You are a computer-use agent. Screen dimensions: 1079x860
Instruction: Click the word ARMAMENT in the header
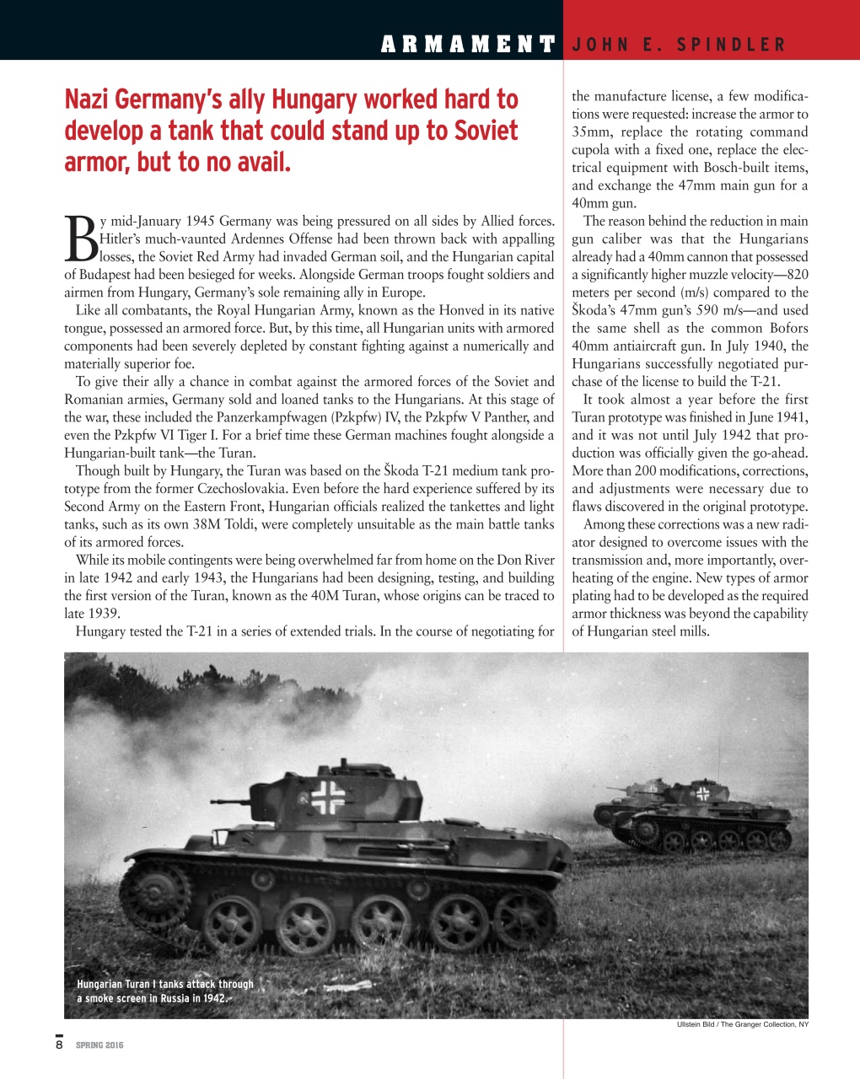pyautogui.click(x=468, y=44)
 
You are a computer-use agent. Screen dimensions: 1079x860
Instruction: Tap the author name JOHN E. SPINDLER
pyautogui.click(x=678, y=45)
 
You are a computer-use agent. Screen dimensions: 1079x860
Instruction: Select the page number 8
pyautogui.click(x=59, y=1045)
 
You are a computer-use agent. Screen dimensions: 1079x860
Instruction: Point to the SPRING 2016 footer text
pyautogui.click(x=99, y=1045)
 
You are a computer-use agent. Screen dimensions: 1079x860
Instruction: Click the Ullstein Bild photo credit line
pyautogui.click(x=742, y=1024)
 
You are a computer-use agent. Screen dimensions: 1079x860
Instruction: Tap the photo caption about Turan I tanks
pyautogui.click(x=164, y=991)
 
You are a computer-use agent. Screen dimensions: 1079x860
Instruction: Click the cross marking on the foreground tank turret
pyautogui.click(x=328, y=797)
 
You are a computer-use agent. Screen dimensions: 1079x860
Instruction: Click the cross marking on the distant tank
pyautogui.click(x=702, y=793)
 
